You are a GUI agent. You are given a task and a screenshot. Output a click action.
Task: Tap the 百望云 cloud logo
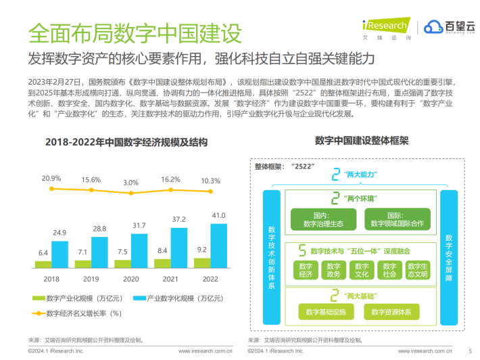pyautogui.click(x=449, y=28)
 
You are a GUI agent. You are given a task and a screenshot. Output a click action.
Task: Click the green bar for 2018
pyautogui.click(x=43, y=264)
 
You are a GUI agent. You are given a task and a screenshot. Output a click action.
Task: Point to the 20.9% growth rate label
pyautogui.click(x=51, y=179)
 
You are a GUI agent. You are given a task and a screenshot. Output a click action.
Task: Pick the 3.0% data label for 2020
pyautogui.click(x=130, y=183)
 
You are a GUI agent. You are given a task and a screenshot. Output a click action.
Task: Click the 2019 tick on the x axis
pyautogui.click(x=91, y=278)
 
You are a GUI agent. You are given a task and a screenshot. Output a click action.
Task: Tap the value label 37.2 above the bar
pyautogui.click(x=178, y=221)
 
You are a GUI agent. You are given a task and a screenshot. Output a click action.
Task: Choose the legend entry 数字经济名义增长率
pyautogui.click(x=82, y=313)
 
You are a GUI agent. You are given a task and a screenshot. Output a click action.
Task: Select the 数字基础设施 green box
pyautogui.click(x=325, y=312)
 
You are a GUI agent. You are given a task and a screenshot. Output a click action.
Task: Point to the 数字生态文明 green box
pyautogui.click(x=418, y=269)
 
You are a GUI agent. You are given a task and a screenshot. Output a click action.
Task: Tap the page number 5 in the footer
pyautogui.click(x=470, y=351)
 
